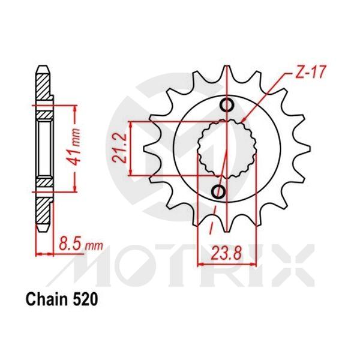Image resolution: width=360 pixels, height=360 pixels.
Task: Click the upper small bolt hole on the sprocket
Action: point(226,106)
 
